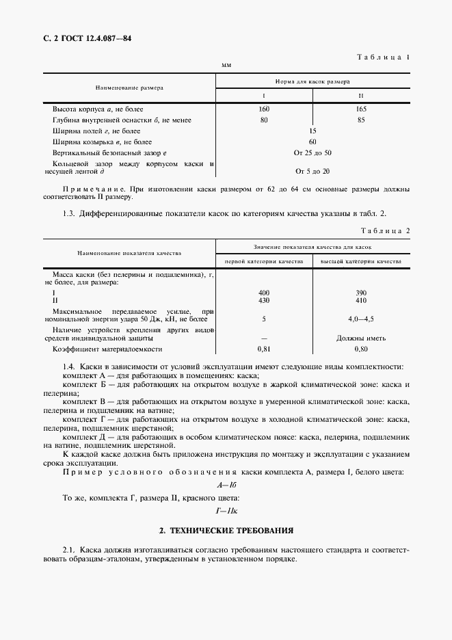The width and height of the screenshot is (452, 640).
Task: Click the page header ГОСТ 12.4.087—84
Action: click(87, 39)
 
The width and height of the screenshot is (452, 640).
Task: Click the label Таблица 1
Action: click(384, 59)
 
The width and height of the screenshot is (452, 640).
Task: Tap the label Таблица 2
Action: click(384, 230)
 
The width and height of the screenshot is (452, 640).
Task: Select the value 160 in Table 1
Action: click(265, 109)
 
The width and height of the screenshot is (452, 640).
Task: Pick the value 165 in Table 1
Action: click(361, 109)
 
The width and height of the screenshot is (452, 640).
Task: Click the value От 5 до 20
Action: click(313, 171)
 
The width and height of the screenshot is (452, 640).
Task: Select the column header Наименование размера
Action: click(129, 88)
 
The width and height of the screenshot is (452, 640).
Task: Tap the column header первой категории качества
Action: click(264, 261)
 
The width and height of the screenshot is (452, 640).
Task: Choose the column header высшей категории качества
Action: click(361, 261)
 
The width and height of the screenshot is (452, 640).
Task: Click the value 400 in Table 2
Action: click(264, 293)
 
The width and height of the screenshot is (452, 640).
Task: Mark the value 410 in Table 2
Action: click(361, 299)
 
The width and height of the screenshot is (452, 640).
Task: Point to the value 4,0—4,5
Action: click(361, 319)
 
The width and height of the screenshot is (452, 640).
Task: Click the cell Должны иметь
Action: click(361, 338)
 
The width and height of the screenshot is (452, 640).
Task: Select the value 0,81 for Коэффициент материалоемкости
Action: click(264, 349)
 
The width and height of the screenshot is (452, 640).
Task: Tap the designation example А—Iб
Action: click(226, 485)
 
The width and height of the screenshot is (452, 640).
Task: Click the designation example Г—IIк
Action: click(226, 510)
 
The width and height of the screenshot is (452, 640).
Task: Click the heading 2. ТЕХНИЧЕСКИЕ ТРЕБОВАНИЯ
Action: click(226, 530)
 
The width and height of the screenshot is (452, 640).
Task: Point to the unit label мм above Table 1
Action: click(226, 66)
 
